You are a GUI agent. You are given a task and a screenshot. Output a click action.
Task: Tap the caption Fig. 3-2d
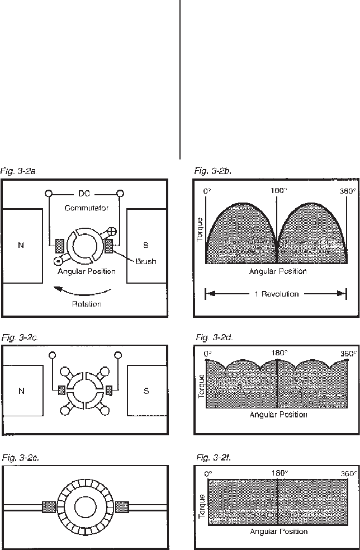point(214,338)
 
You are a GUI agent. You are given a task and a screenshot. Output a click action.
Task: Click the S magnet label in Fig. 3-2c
point(146,391)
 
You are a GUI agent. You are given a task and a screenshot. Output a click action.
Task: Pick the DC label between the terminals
point(84,194)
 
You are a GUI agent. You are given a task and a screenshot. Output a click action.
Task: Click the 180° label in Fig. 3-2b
point(278,191)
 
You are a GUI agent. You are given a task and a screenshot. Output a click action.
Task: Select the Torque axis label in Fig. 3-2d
point(201,386)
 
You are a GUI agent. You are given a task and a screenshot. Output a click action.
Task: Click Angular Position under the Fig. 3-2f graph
point(278,531)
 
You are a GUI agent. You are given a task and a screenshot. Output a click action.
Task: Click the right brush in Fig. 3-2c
point(109,389)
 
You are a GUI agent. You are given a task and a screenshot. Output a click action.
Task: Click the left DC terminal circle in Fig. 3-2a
point(49,194)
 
